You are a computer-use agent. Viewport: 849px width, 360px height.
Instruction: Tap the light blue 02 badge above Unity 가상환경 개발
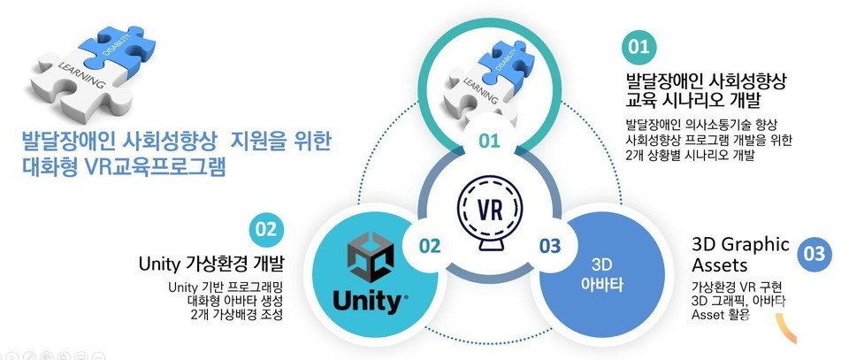coord(265,229)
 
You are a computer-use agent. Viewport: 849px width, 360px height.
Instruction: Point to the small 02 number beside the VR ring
coord(430,246)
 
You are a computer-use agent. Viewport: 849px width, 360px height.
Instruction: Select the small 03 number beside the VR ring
coord(550,246)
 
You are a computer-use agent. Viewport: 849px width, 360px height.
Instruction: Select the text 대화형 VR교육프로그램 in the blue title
coord(124,166)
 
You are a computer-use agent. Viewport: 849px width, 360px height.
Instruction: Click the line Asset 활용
coord(721,315)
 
